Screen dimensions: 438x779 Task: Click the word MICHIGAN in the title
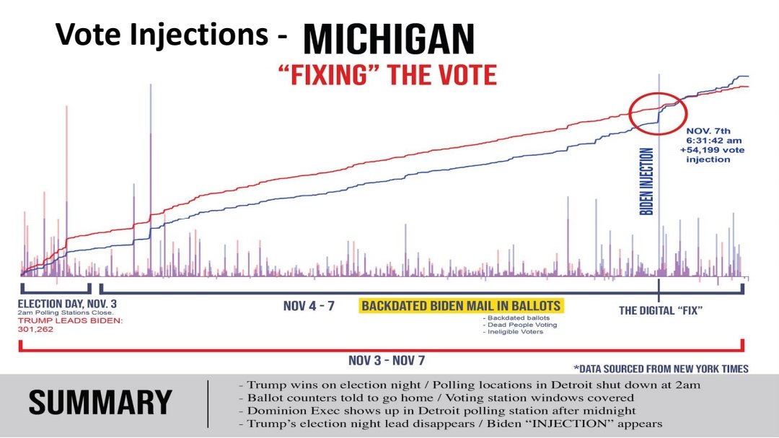point(388,39)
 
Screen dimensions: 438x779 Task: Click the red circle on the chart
point(654,113)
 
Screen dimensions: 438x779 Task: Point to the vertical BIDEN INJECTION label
point(647,182)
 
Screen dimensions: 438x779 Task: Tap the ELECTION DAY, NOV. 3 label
point(68,304)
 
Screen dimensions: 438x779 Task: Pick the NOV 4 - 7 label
point(309,306)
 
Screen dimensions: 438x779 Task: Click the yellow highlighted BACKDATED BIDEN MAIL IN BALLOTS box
point(461,306)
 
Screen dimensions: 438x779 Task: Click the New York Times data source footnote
point(661,369)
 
